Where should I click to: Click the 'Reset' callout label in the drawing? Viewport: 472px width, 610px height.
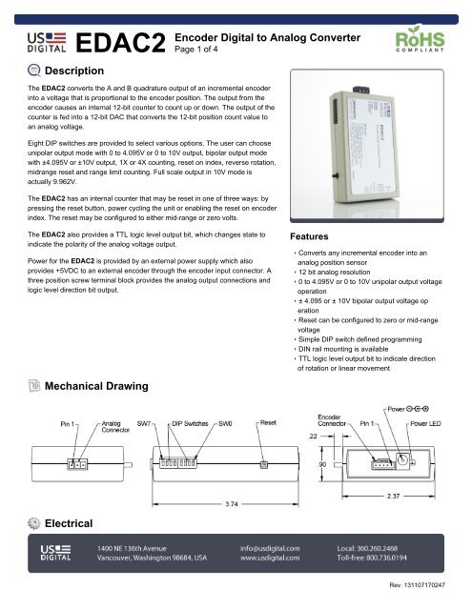268,421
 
